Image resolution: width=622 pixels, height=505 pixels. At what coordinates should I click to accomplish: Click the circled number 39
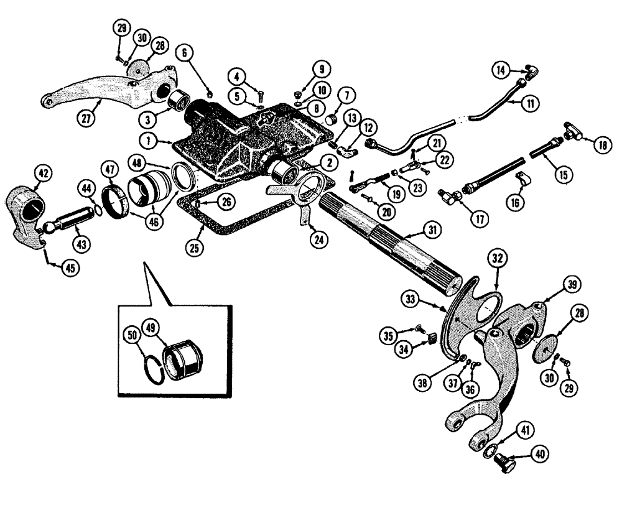(571, 285)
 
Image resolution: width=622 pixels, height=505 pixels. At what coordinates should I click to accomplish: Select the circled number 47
(112, 169)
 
